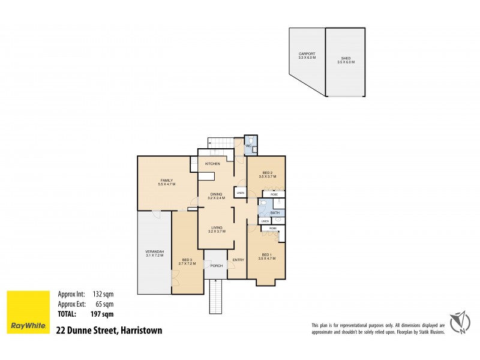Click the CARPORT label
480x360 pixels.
tap(307, 55)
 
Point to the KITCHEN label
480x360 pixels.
tap(212, 164)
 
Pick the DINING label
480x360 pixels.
tap(217, 194)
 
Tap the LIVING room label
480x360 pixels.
tap(217, 228)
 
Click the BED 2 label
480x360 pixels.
tap(267, 173)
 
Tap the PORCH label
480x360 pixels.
tap(216, 266)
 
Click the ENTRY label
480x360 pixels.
tap(238, 259)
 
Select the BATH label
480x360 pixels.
tap(275, 213)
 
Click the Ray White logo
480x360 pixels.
tap(28, 312)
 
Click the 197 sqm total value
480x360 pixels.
tap(103, 313)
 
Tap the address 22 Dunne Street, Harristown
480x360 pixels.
tap(109, 330)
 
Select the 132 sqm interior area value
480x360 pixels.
tap(103, 294)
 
